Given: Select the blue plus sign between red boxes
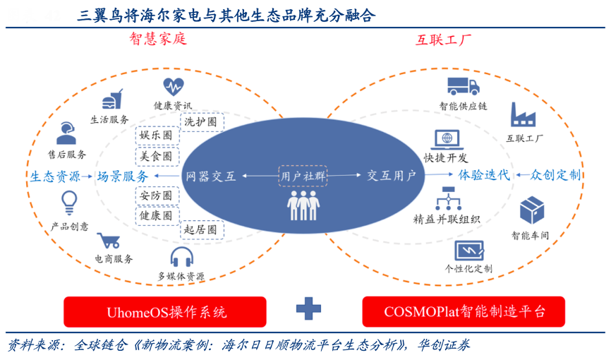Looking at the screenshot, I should coord(308,308).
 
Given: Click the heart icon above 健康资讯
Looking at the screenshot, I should coord(173,87).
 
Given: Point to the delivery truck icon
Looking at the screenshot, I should coord(463,86).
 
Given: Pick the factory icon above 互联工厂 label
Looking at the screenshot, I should coord(524,114).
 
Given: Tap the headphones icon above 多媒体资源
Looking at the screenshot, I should coord(181,257).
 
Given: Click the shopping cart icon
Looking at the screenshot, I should coord(108,241).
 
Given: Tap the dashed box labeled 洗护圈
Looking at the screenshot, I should coord(200,121).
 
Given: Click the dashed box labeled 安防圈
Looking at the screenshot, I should coord(156,196).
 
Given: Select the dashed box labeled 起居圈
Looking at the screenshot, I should coord(200,230).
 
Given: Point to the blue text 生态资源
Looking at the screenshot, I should coord(55,176).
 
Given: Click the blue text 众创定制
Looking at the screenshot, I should coord(556,175).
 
